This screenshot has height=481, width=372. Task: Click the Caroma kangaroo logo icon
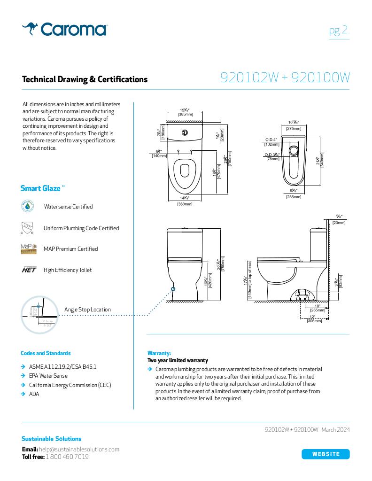coord(30,29)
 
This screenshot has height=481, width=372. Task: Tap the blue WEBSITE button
coord(325,454)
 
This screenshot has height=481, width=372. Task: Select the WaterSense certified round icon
coord(28,206)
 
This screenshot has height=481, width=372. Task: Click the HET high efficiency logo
coord(29,270)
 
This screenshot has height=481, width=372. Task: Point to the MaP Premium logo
coord(28,248)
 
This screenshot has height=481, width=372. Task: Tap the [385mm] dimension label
coord(186,114)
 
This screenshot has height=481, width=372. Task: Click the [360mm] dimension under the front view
coord(185,204)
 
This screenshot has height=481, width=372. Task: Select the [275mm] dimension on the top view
coord(294,128)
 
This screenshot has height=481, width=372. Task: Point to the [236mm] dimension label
coord(294,197)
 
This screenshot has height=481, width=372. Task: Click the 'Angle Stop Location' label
coord(87,309)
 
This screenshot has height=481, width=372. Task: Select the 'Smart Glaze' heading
coord(40,188)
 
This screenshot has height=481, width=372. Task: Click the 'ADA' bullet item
coord(34,394)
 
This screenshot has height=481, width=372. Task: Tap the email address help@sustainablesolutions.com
coord(79,449)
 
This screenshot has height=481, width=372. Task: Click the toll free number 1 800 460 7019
coord(67,457)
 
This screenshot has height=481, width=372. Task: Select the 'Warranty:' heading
coord(159,353)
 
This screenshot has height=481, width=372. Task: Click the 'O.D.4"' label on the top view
coord(271,140)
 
